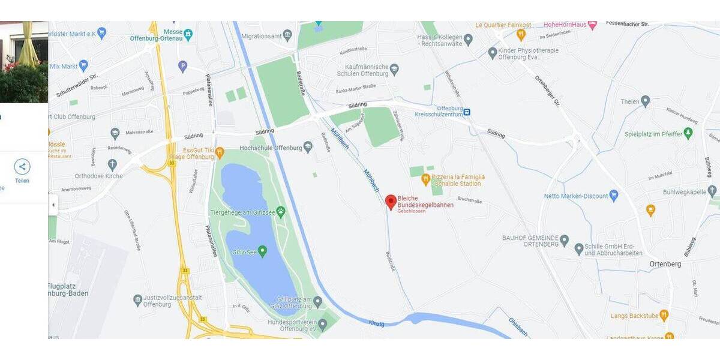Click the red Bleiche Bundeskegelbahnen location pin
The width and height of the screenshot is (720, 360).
click(x=391, y=202)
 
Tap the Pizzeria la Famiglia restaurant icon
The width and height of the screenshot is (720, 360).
click(x=425, y=178)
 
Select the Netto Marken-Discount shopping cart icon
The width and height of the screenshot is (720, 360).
click(x=613, y=196)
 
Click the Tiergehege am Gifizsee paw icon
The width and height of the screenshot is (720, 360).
click(x=280, y=211)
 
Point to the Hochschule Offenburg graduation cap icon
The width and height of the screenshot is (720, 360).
click(x=308, y=146)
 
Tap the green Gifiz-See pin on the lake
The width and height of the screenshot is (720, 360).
click(x=262, y=250)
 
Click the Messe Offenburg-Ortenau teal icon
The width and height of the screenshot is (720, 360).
click(x=188, y=33)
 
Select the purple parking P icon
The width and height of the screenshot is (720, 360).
click(x=183, y=67)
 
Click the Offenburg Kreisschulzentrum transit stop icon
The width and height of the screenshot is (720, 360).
click(x=467, y=112)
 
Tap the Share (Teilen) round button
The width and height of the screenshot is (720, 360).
click(x=22, y=167)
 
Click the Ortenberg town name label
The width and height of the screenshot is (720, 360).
click(x=665, y=264)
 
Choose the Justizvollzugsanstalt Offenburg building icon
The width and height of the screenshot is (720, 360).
click(x=137, y=299)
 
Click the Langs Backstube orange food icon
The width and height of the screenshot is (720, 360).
click(x=664, y=315)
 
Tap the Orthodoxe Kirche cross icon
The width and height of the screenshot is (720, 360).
click(x=112, y=164)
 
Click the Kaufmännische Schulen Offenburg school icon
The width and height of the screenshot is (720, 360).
click(x=394, y=70)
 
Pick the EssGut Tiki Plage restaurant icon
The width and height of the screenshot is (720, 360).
click(x=220, y=152)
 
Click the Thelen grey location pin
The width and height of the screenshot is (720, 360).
click(x=645, y=101)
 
